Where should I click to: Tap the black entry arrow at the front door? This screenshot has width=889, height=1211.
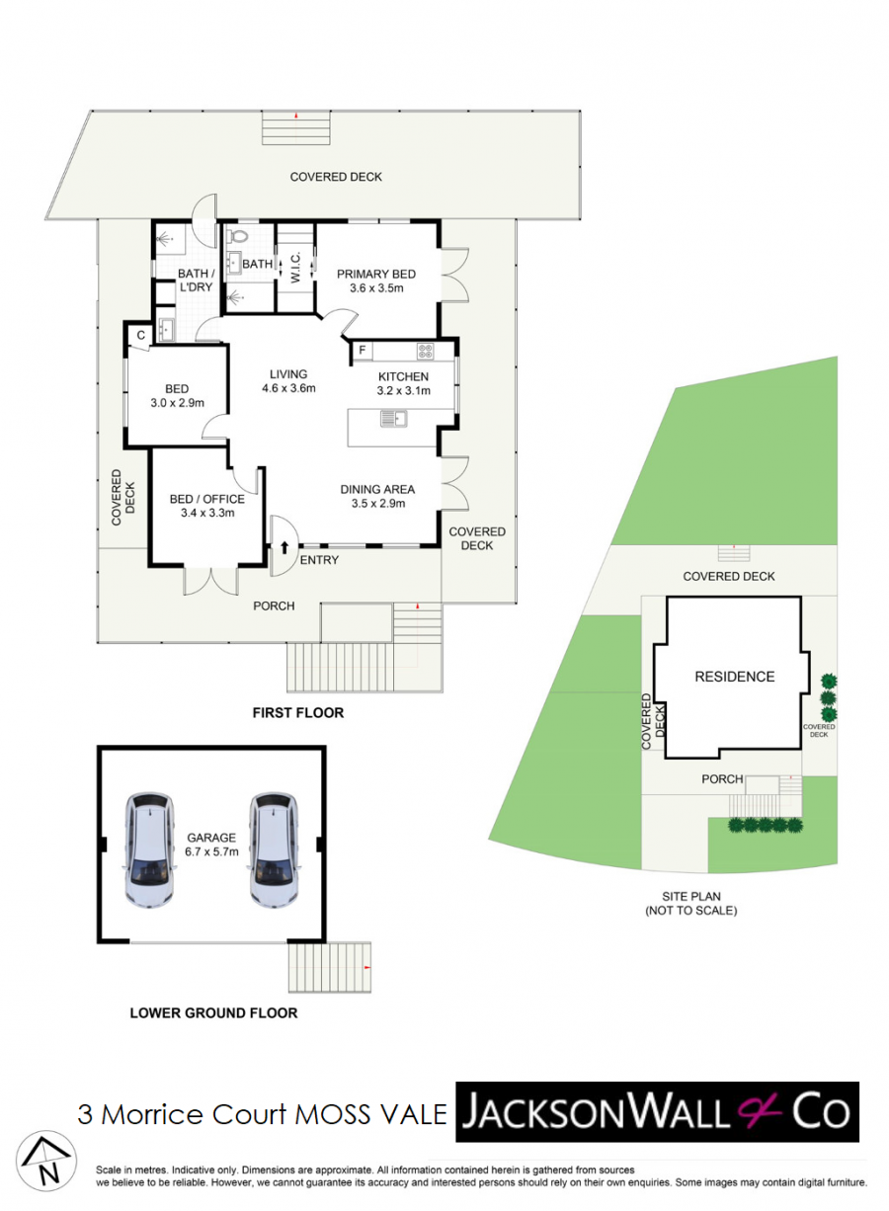pos(285,547)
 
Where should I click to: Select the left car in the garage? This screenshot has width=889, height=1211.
pos(150,849)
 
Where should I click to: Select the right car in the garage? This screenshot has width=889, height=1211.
pos(274,849)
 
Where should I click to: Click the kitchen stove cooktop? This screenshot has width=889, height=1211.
pos(425,351)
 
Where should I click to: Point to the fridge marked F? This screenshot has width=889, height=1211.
pos(363,351)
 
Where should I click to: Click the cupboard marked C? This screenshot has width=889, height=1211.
pos(140,335)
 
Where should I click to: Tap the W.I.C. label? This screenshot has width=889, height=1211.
pos(295,267)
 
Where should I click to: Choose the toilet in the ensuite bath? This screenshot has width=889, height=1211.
pos(236,236)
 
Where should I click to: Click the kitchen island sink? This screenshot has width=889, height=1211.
pos(394,419)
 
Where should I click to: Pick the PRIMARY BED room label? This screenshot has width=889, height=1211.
pos(376,274)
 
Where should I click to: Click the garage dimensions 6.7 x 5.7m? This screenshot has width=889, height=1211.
pos(211,851)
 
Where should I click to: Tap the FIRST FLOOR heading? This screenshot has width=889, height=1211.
pos(298,712)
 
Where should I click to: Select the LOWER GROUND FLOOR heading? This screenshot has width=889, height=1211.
pos(213,1012)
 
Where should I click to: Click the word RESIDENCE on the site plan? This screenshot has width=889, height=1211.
pos(734,677)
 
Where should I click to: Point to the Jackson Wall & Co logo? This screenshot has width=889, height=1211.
pos(657,1112)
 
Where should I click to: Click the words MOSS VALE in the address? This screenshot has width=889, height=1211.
pos(370,1114)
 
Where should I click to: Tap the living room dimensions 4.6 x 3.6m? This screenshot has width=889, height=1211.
pos(288,388)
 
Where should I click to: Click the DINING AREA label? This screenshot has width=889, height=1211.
pos(377,489)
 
